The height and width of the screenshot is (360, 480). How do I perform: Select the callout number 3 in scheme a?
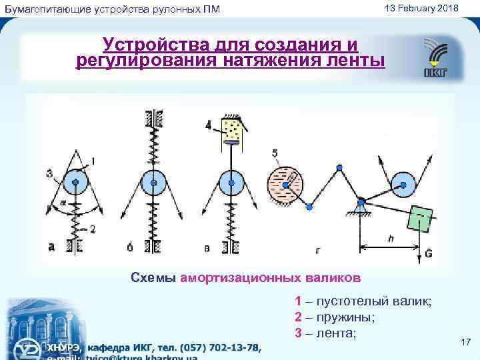click(49, 174)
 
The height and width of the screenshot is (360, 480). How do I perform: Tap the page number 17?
click(466, 342)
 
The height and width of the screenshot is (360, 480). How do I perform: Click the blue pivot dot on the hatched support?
click(361, 201)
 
